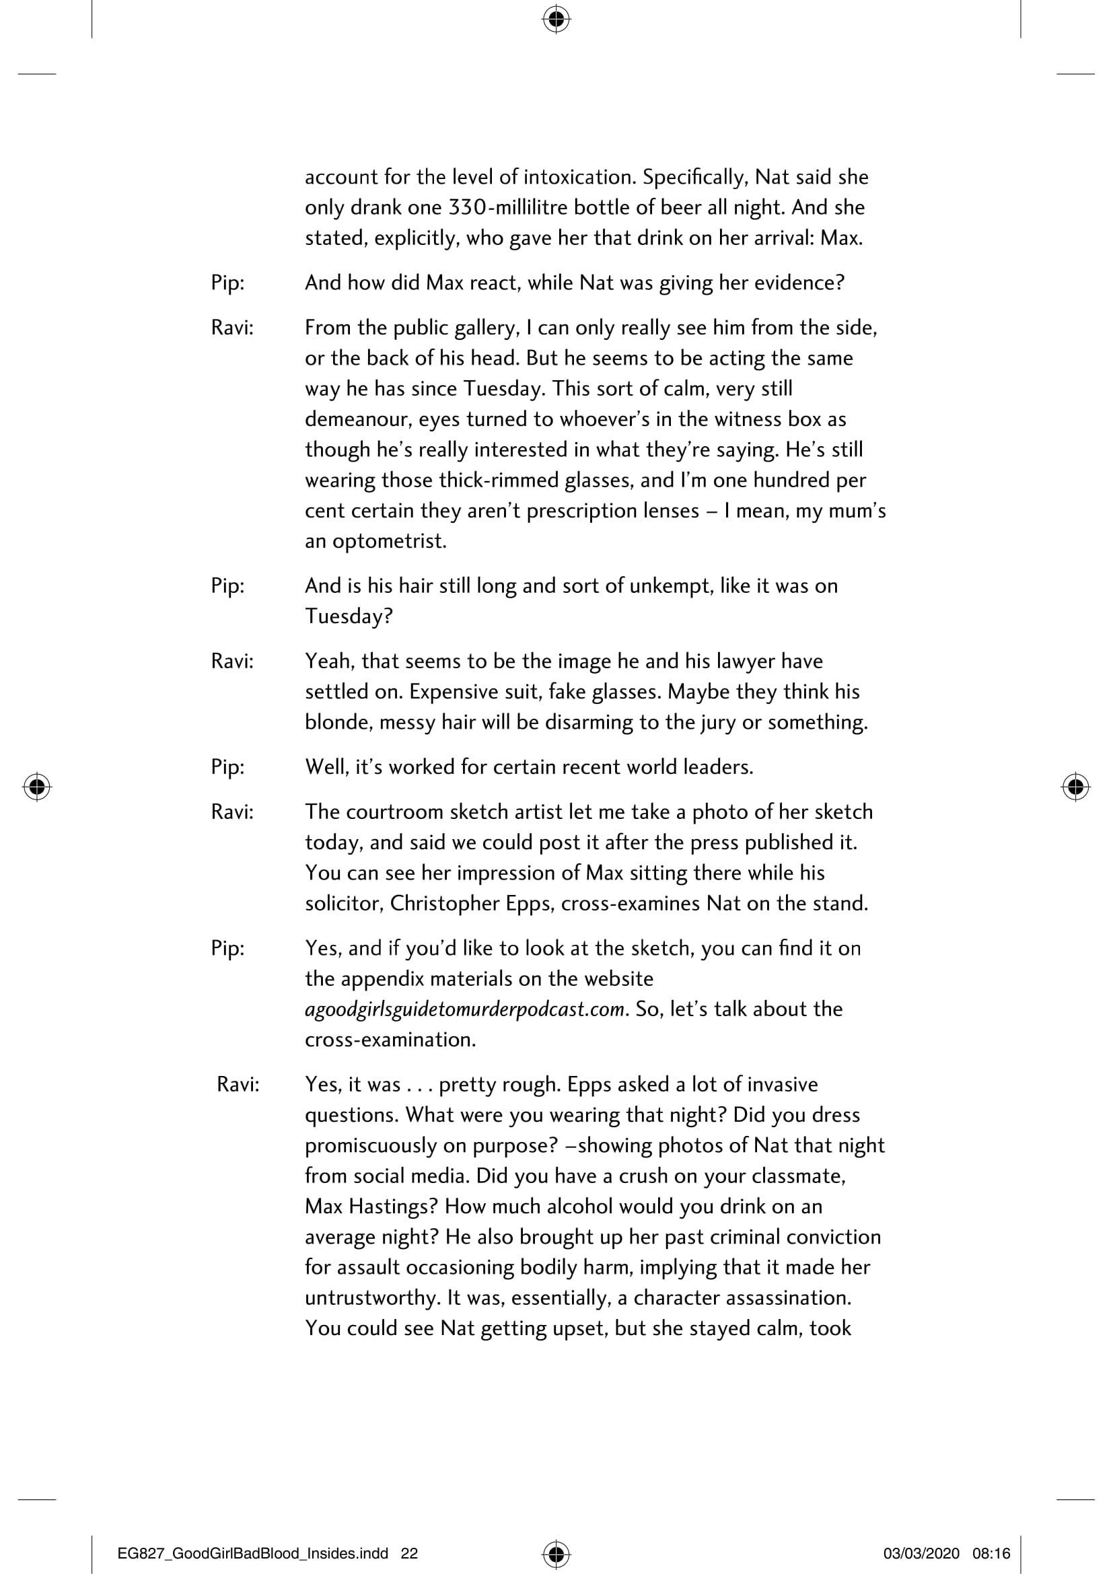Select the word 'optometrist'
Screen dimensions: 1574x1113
388,542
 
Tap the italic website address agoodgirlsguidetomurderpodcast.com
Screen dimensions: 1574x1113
465,1010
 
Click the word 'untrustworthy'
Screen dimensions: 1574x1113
372,1297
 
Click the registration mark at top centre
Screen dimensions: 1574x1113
556,20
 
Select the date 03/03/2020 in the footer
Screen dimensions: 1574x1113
921,1553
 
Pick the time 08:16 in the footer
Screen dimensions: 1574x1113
991,1553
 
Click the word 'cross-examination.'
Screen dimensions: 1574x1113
390,1040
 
